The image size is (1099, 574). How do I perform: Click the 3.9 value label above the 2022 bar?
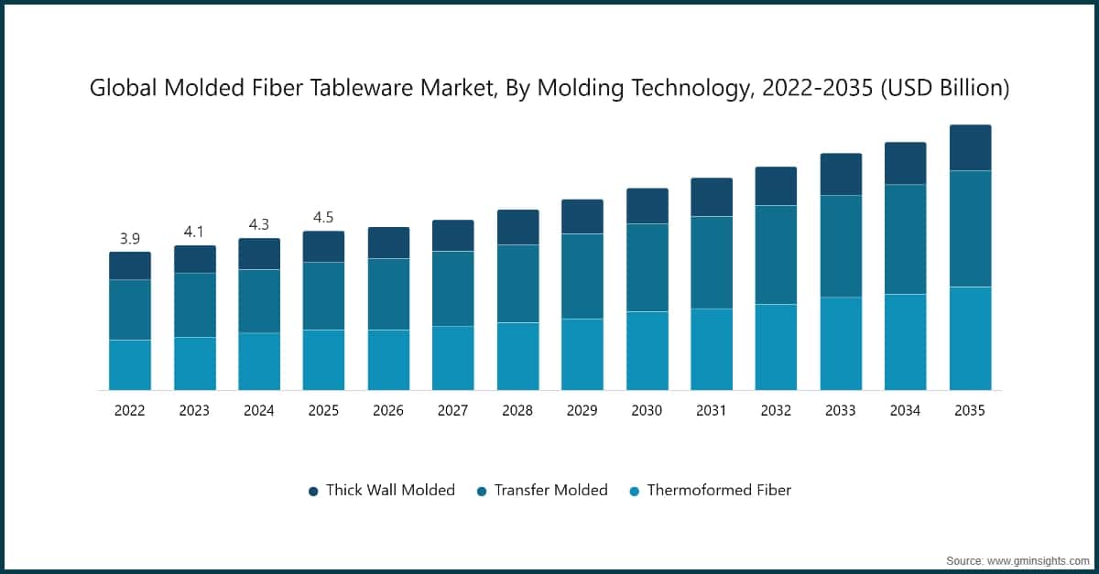pyautogui.click(x=130, y=239)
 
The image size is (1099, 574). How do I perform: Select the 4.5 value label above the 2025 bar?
pyautogui.click(x=323, y=218)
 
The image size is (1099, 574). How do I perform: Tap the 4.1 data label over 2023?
pyautogui.click(x=194, y=233)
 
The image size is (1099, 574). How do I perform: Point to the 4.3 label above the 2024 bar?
pyautogui.click(x=259, y=224)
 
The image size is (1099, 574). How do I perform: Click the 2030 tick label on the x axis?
pyautogui.click(x=647, y=411)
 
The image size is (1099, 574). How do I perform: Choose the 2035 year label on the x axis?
pyautogui.click(x=969, y=411)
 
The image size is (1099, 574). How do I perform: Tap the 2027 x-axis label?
pyautogui.click(x=452, y=411)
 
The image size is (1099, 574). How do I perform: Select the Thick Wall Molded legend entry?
pyautogui.click(x=390, y=490)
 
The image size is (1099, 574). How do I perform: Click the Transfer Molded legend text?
pyautogui.click(x=550, y=490)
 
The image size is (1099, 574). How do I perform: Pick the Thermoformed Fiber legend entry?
pyautogui.click(x=719, y=490)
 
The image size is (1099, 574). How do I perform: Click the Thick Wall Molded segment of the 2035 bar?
pyautogui.click(x=970, y=147)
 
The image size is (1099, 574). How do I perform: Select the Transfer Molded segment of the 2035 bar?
pyautogui.click(x=970, y=229)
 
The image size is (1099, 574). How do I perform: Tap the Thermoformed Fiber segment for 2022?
pyautogui.click(x=130, y=365)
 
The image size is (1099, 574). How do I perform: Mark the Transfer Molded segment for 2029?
pyautogui.click(x=582, y=276)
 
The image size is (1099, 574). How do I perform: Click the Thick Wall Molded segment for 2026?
pyautogui.click(x=388, y=243)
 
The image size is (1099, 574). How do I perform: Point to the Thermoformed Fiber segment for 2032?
pyautogui.click(x=776, y=347)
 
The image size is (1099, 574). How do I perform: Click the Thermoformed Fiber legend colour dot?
pyautogui.click(x=635, y=491)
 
